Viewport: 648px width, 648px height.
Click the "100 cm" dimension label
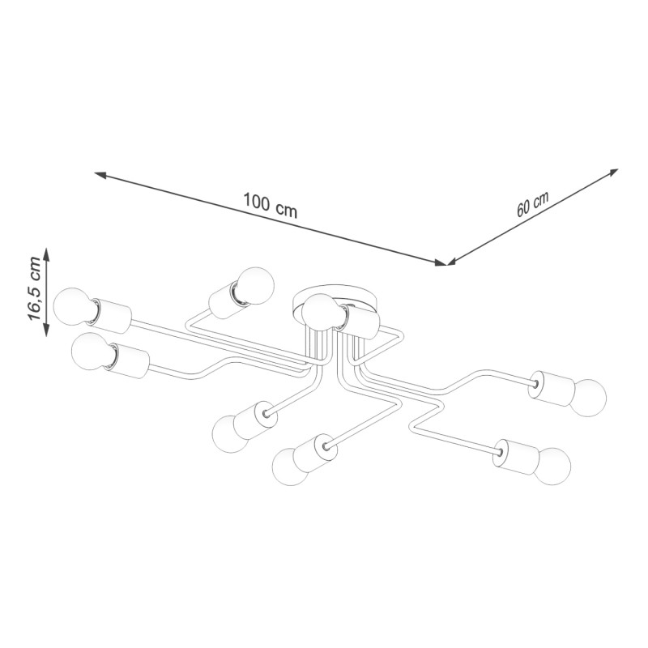tap(271, 205)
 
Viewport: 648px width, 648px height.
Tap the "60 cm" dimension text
tap(533, 204)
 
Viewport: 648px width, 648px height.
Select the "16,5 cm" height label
tap(34, 289)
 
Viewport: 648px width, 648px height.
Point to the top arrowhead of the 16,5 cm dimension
tap(46, 254)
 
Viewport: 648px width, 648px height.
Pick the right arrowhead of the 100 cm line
tap(440, 262)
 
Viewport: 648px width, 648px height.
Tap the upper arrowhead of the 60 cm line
tap(612, 173)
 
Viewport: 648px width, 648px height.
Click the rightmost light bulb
tap(589, 398)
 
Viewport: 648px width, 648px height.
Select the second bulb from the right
tap(553, 466)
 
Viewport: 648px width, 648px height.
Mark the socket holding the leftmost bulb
tap(110, 316)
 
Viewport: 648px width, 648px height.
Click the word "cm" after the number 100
tap(287, 211)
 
